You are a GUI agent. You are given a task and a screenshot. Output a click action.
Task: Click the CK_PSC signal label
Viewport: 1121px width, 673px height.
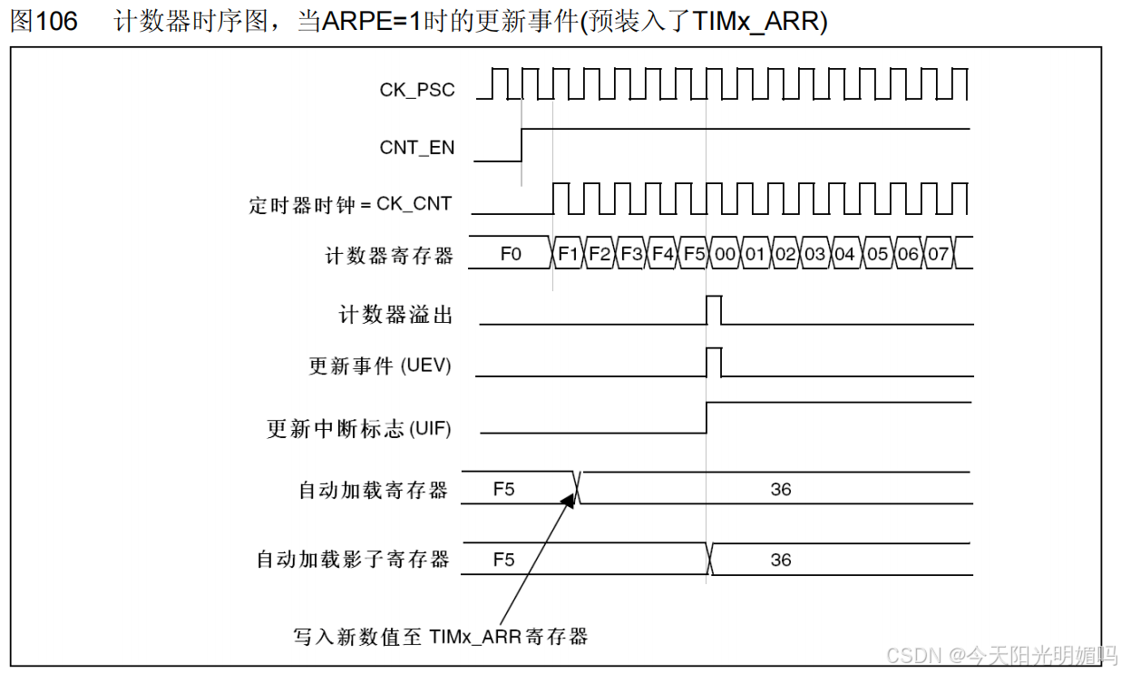417,90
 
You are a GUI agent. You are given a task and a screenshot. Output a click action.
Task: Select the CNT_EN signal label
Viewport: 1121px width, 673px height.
417,147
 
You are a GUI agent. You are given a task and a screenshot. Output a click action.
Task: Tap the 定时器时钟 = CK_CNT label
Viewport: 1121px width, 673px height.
350,204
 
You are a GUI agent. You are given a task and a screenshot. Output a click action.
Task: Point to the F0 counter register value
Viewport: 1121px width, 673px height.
511,254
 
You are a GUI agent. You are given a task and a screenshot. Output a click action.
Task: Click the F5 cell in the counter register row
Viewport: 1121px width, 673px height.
694,254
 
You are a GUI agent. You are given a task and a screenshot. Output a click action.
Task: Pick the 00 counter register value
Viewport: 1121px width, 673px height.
725,254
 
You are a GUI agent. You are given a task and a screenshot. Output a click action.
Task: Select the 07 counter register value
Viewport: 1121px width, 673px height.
939,254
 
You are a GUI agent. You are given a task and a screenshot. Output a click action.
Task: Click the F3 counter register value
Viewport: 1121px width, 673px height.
631,254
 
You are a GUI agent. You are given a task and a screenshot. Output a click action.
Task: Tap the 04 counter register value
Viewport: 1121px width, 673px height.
845,254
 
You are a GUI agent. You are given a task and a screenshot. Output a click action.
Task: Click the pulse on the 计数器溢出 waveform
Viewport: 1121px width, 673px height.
714,309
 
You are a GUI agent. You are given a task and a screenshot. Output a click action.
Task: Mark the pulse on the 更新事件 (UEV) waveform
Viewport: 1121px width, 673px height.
714,361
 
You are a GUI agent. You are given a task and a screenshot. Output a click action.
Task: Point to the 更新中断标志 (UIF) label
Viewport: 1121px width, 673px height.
358,428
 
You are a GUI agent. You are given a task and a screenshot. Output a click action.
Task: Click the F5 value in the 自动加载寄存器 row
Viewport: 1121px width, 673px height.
503,489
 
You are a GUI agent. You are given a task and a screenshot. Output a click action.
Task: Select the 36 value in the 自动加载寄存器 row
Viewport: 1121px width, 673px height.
781,489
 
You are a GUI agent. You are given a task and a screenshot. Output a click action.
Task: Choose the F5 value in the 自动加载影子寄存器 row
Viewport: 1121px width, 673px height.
503,560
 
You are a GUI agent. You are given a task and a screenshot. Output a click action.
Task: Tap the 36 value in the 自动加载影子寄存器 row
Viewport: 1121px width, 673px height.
781,560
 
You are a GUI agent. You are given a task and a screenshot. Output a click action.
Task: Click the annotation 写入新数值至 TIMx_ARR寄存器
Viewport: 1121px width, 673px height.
441,637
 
